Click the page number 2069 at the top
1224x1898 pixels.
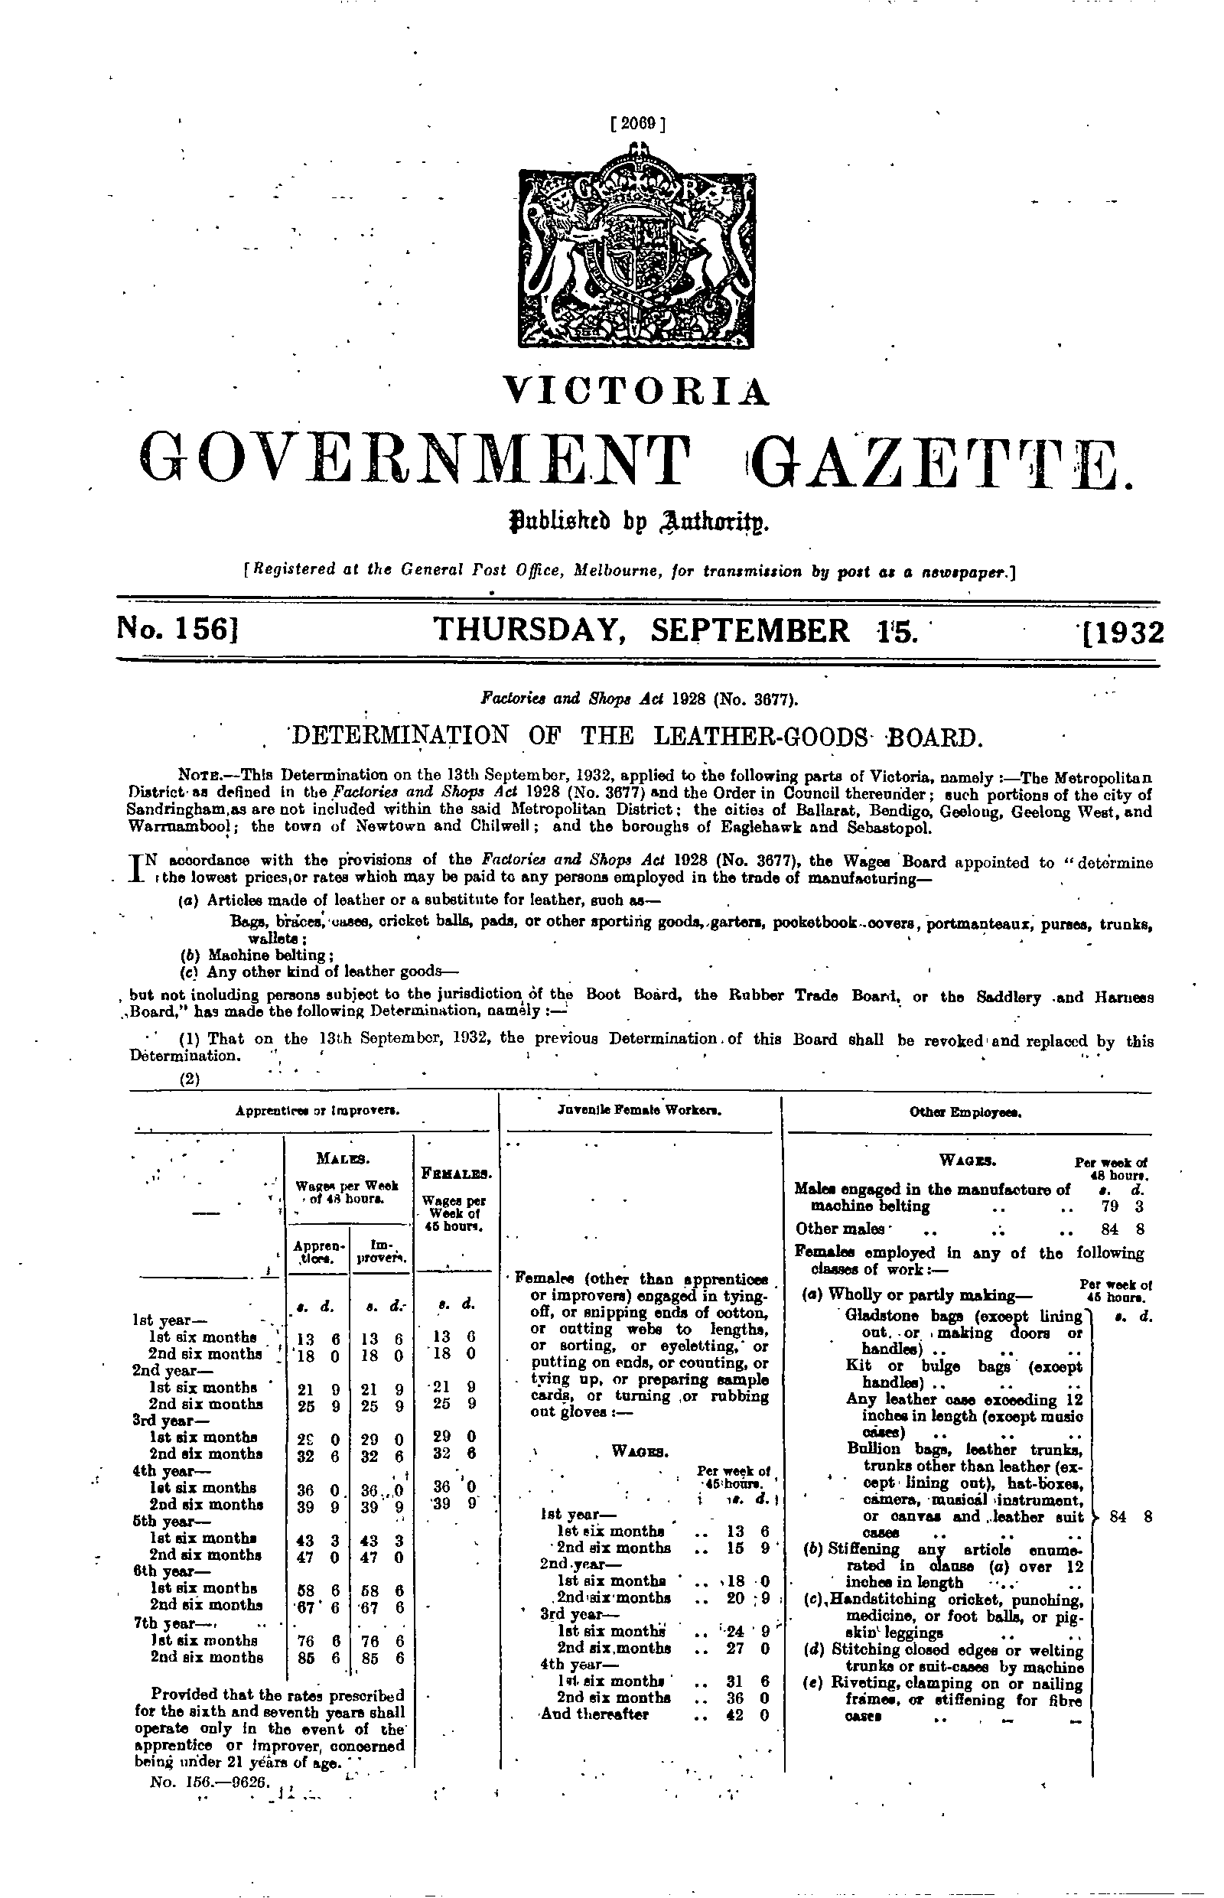click(x=636, y=123)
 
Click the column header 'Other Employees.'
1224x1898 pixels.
click(x=965, y=1113)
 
